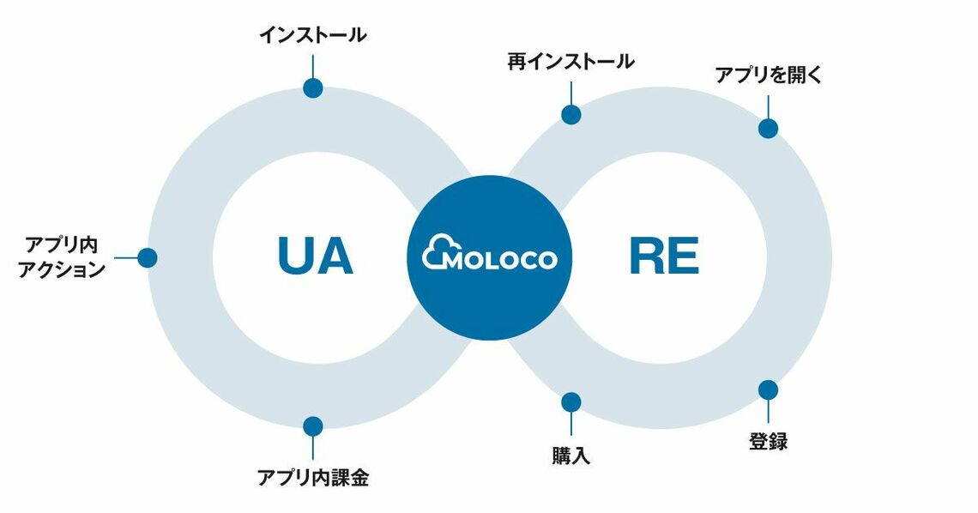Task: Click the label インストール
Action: click(x=313, y=35)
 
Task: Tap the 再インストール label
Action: click(x=570, y=62)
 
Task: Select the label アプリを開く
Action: click(x=769, y=75)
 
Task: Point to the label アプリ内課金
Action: click(x=313, y=478)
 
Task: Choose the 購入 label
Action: click(x=570, y=456)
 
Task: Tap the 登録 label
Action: click(x=768, y=443)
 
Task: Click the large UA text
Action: click(x=315, y=256)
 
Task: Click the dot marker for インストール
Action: click(x=313, y=88)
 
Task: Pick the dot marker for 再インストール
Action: click(x=570, y=114)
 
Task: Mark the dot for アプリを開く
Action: click(x=768, y=128)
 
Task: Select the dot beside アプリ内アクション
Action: click(x=148, y=257)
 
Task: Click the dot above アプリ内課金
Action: click(x=313, y=425)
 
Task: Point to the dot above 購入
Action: click(x=570, y=401)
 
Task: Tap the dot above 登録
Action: click(x=768, y=389)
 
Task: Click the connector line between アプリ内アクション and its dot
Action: click(x=126, y=257)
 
